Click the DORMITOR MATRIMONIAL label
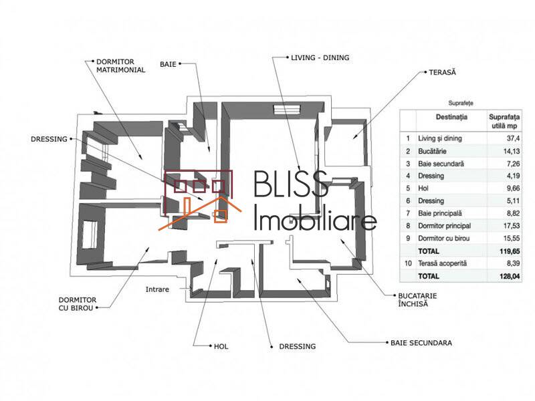click(120, 64)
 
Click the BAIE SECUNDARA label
click(421, 343)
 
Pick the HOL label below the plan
click(221, 346)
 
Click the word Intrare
click(158, 289)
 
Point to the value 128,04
click(503, 275)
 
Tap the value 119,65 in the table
click(503, 251)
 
